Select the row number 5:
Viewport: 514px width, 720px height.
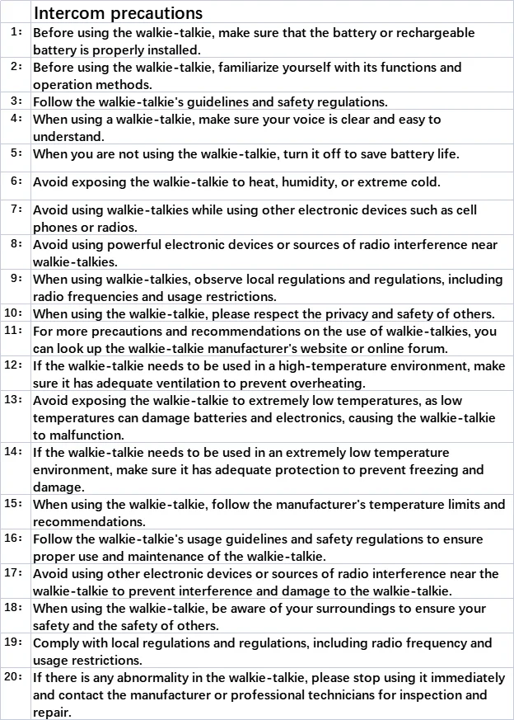coord(16,153)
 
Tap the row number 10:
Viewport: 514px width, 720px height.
coord(14,313)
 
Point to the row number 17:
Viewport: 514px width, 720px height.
coord(14,572)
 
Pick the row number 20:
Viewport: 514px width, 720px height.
coord(14,677)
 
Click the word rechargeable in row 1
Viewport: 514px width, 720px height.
coord(432,32)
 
